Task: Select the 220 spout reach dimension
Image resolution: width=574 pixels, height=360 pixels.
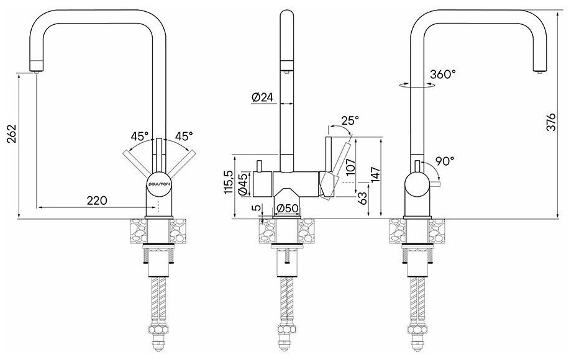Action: point(98,200)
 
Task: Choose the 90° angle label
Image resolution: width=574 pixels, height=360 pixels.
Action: point(444,160)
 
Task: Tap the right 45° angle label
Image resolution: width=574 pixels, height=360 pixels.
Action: point(183,136)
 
